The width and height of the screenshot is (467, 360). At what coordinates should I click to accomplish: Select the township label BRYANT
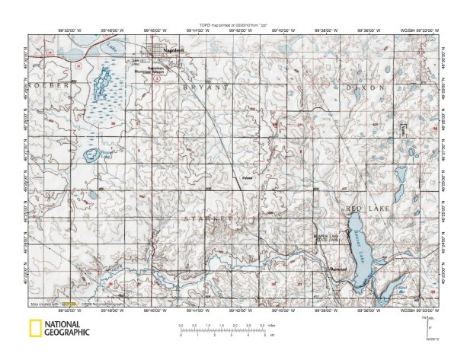coord(203,89)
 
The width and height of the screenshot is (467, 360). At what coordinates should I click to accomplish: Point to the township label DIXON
coord(367,89)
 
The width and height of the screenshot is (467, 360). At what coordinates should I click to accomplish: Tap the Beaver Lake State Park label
coord(331,238)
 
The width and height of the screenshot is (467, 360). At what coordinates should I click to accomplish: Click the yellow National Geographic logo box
coord(34,329)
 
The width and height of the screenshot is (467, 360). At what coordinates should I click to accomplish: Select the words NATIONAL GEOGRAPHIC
coord(66,329)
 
